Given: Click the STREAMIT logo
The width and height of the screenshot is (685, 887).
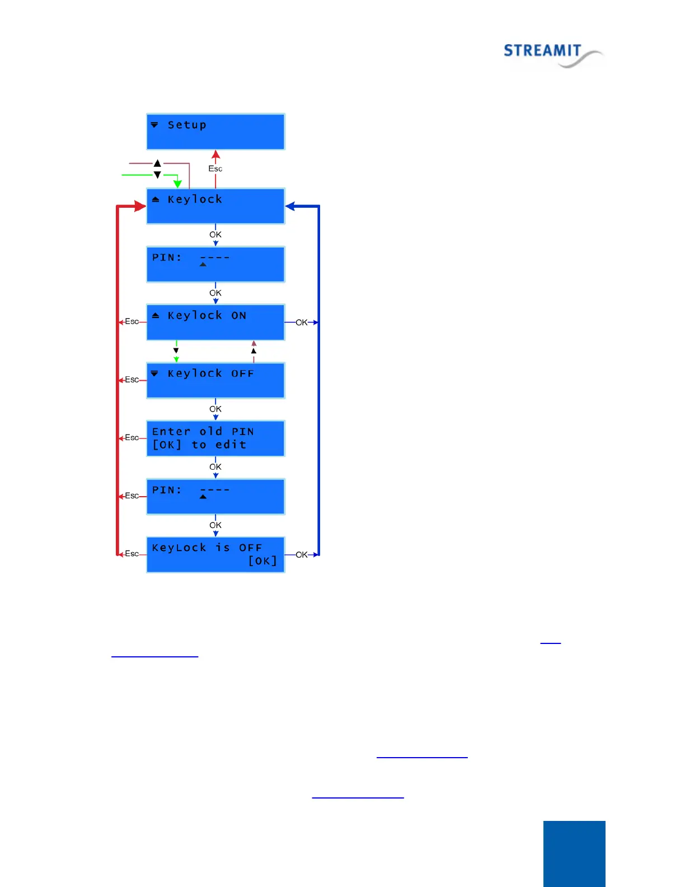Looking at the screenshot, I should coord(552,54).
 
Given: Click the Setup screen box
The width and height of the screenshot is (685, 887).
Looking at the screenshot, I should coord(215,132).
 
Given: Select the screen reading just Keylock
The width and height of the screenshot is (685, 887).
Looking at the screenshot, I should coord(215,206).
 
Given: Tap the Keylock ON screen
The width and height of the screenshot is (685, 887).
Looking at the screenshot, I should coord(215,322).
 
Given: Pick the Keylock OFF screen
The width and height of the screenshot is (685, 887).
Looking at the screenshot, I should coord(215,380).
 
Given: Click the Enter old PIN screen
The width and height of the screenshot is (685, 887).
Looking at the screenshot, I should coord(215,438).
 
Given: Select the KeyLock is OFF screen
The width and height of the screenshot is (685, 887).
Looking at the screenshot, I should coord(215,554).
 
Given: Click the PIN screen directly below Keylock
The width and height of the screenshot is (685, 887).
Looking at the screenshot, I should coord(215,264).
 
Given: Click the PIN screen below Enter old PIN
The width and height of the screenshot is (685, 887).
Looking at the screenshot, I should coord(215,497).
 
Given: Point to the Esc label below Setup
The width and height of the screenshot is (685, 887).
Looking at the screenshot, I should coord(215,169).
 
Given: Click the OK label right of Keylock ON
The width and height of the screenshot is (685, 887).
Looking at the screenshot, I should coord(301,323).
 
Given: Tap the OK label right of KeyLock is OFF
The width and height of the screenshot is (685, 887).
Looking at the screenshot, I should coord(301,555).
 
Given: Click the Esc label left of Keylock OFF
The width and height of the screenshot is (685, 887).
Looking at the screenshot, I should coord(132,380).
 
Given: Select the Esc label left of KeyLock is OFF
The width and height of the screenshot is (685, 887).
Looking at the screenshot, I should coord(132,554).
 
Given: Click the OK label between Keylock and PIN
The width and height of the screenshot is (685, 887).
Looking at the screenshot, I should coord(215,235).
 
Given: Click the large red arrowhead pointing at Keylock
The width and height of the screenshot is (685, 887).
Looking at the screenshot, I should coord(140,206).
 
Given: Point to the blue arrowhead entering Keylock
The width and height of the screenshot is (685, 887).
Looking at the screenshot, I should coord(290,206).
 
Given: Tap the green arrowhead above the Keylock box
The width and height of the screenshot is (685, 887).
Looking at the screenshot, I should coord(177,184).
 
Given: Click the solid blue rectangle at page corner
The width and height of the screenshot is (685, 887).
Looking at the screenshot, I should coord(574,853).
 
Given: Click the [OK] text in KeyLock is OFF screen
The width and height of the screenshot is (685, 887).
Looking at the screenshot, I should coord(262,561).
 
